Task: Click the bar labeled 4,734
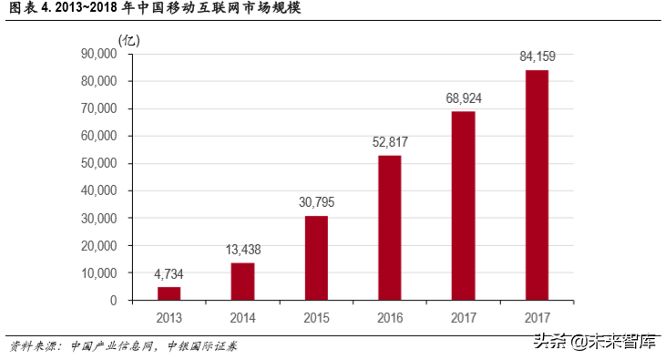click(x=169, y=293)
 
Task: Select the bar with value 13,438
click(x=242, y=282)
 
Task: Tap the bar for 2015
click(x=316, y=258)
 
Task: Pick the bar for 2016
click(x=390, y=228)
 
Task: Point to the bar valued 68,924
click(x=463, y=206)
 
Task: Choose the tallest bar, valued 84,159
click(x=537, y=185)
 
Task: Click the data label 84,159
click(x=537, y=57)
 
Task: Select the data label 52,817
click(x=390, y=142)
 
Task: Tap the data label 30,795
click(x=316, y=202)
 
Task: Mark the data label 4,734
click(x=169, y=273)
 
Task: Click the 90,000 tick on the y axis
click(x=99, y=54)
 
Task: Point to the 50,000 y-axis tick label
click(x=99, y=164)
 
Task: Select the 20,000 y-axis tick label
click(x=99, y=246)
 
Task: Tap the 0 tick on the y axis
click(x=114, y=301)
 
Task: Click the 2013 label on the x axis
click(x=169, y=318)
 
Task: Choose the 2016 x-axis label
click(x=390, y=318)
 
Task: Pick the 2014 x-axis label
click(x=242, y=318)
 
